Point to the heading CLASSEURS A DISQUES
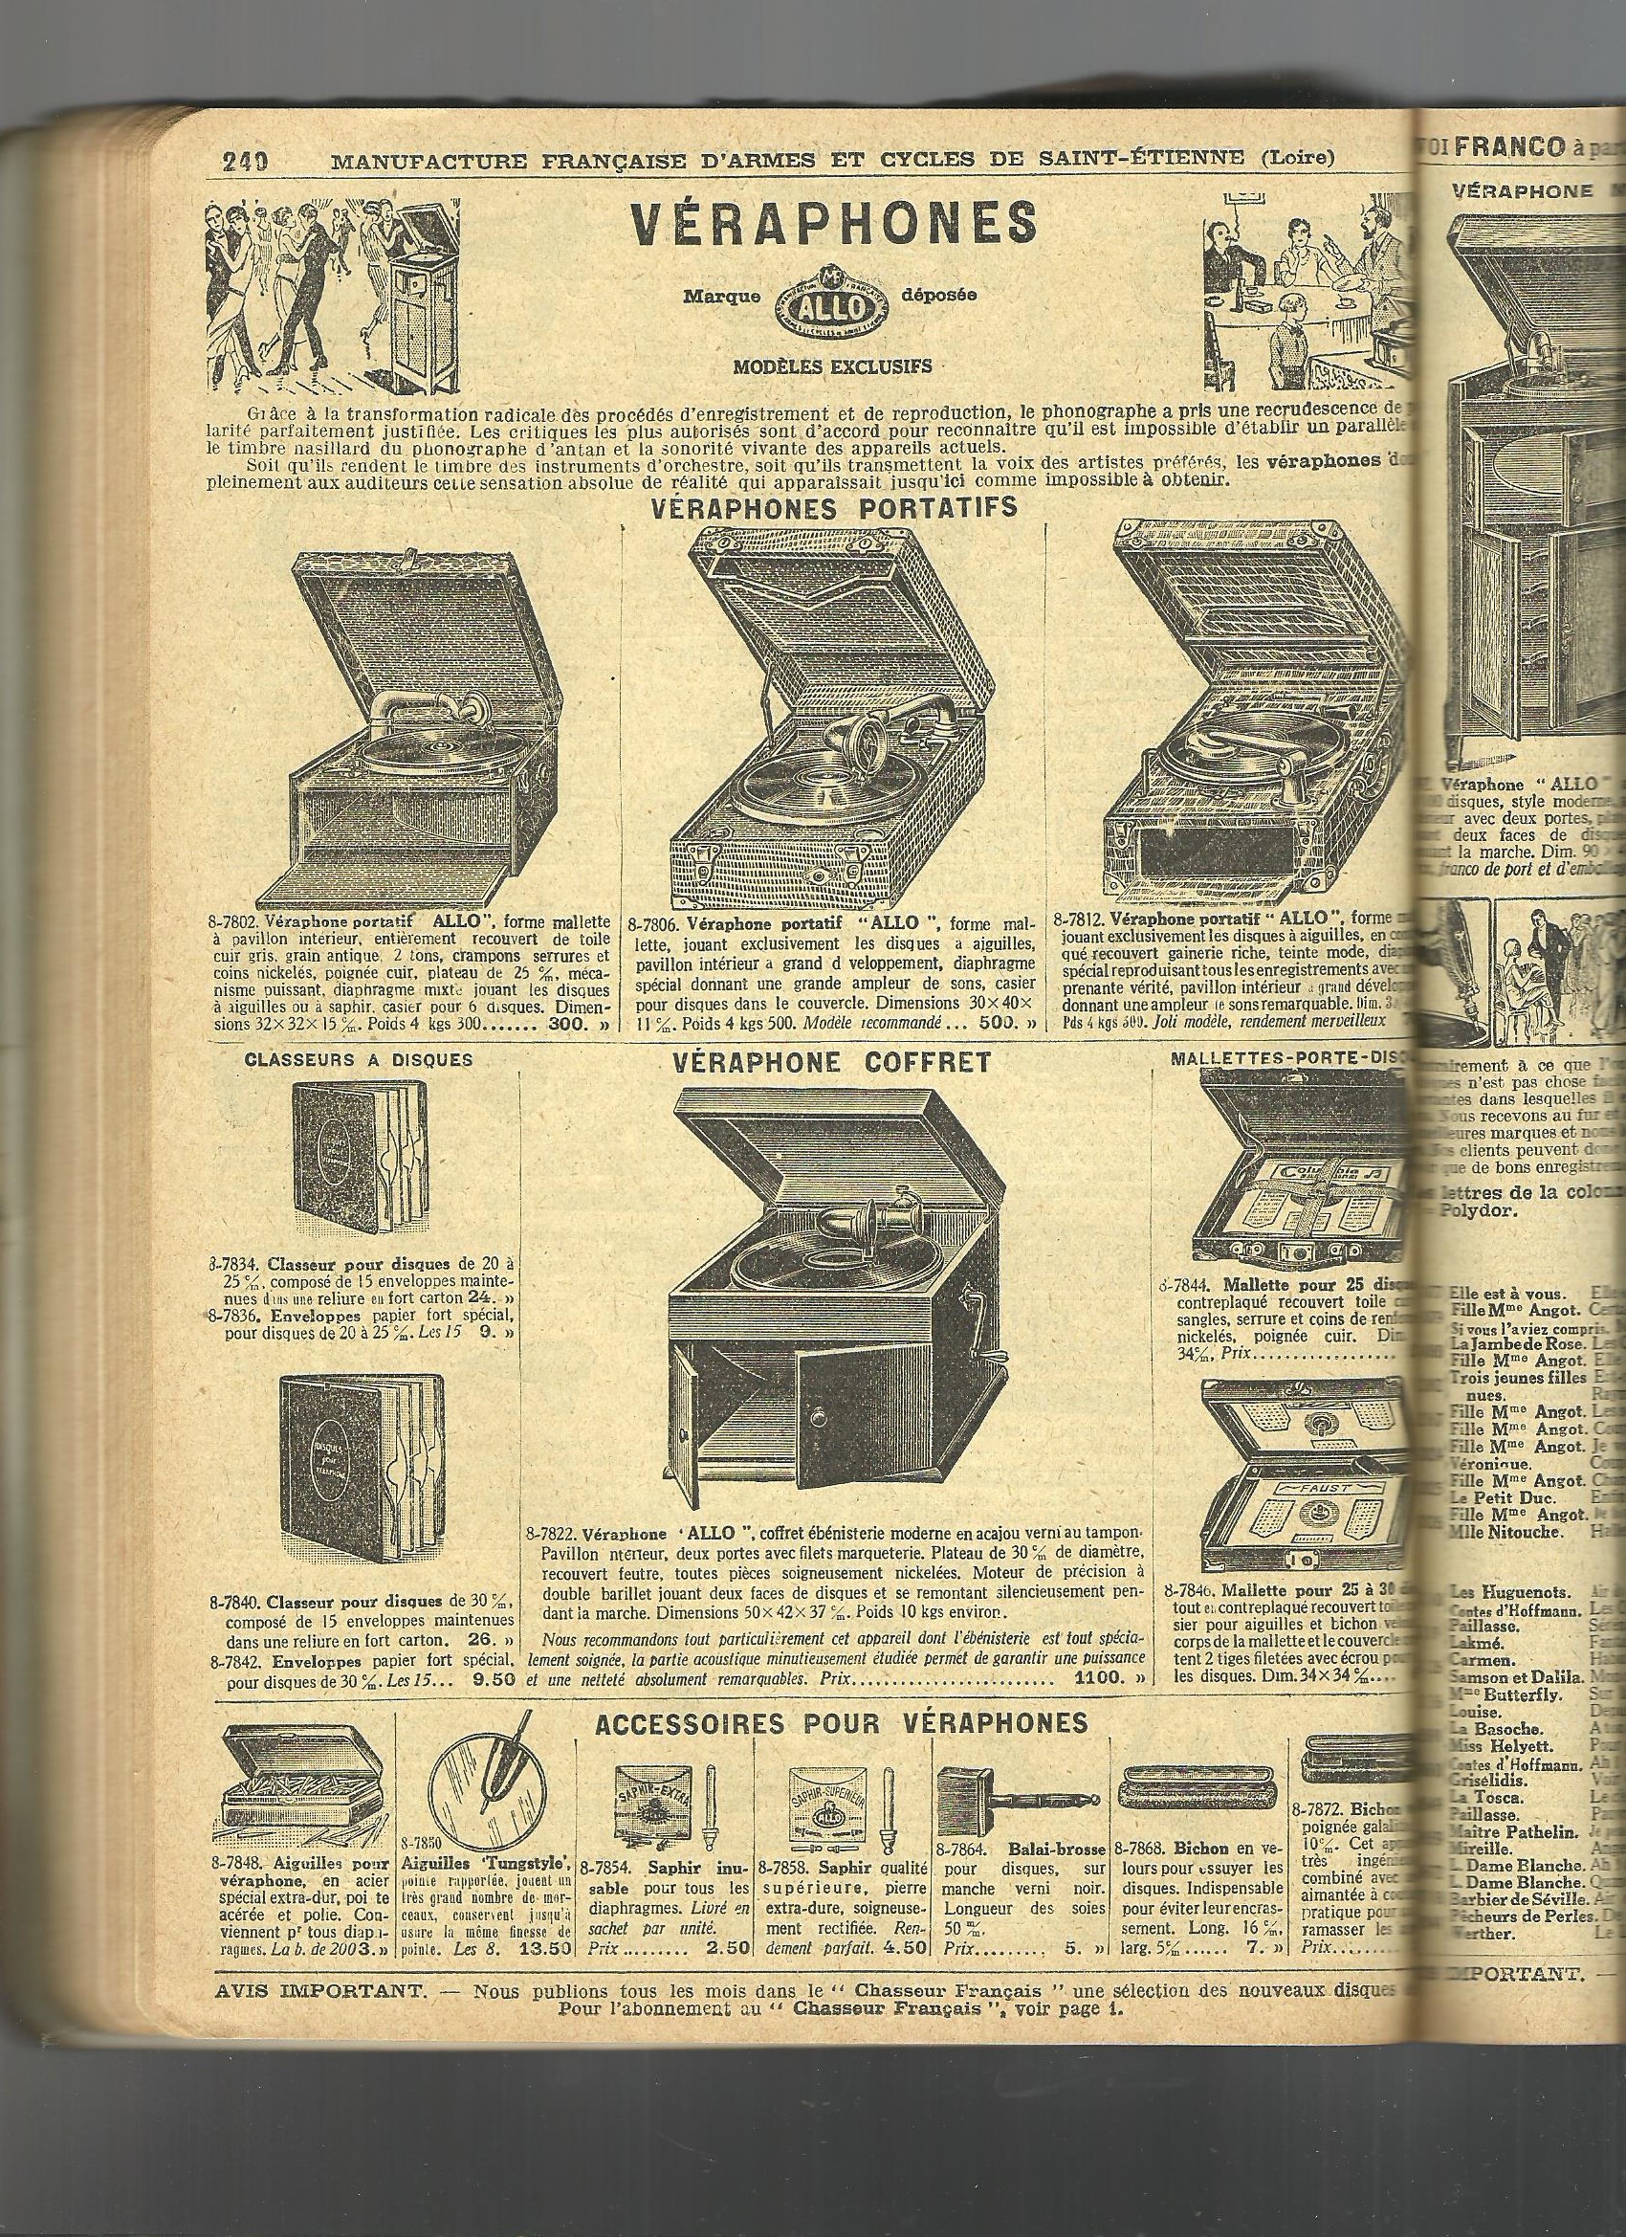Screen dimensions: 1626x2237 click(358, 1060)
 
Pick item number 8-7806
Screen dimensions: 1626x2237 click(652, 924)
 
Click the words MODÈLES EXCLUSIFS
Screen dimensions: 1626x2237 click(833, 365)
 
